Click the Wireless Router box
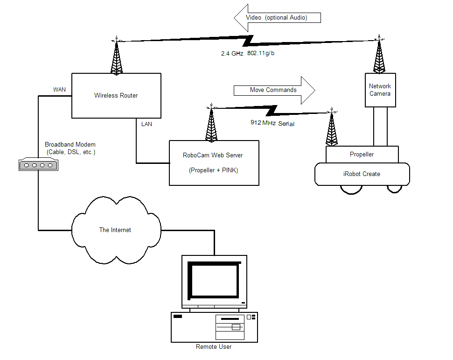click(116, 96)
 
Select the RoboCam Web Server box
click(214, 162)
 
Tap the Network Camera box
click(380, 90)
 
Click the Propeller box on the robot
click(362, 154)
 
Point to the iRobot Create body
click(362, 174)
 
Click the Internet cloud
click(115, 230)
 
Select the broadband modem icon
click(38, 164)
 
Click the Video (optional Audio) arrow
click(278, 18)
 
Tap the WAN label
click(59, 89)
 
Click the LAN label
click(146, 124)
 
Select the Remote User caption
click(214, 346)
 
